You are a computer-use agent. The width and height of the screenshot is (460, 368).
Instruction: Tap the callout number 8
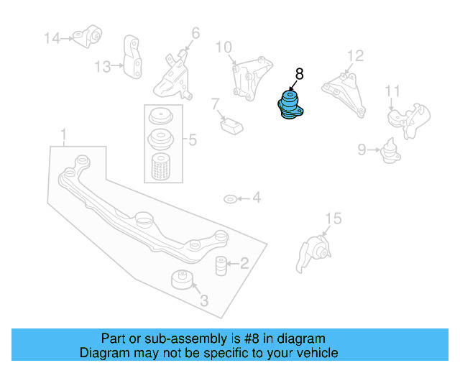[x=299, y=73]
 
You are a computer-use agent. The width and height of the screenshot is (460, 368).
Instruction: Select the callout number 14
[x=53, y=37]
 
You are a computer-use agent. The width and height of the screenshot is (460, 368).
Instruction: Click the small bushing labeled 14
[x=91, y=34]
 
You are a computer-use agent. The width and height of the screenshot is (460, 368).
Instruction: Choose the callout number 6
[x=195, y=32]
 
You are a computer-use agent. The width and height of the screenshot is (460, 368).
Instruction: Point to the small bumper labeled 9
[x=391, y=151]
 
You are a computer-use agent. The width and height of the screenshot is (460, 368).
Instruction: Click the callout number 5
[x=191, y=140]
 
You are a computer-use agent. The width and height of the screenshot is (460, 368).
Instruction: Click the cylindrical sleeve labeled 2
[x=221, y=264]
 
